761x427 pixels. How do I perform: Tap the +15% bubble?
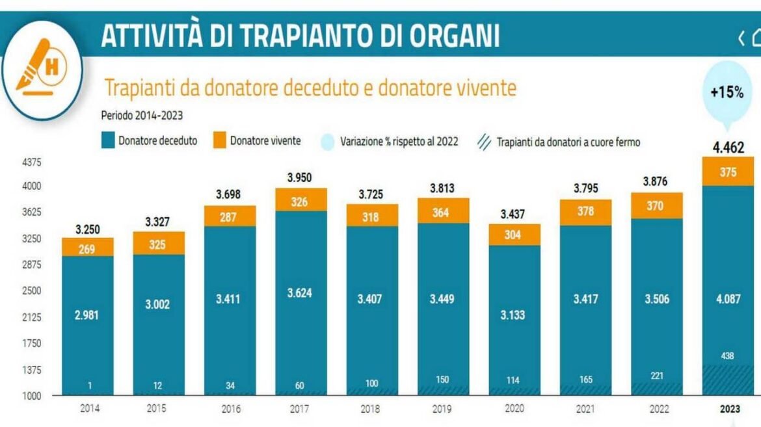[x=727, y=93]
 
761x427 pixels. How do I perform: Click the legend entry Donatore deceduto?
[x=149, y=140]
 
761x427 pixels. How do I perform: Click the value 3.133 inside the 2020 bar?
[x=513, y=315]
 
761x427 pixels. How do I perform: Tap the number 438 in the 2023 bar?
[x=727, y=356]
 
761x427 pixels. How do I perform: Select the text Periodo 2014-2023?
[x=142, y=116]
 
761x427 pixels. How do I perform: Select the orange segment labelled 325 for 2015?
[x=159, y=244]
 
